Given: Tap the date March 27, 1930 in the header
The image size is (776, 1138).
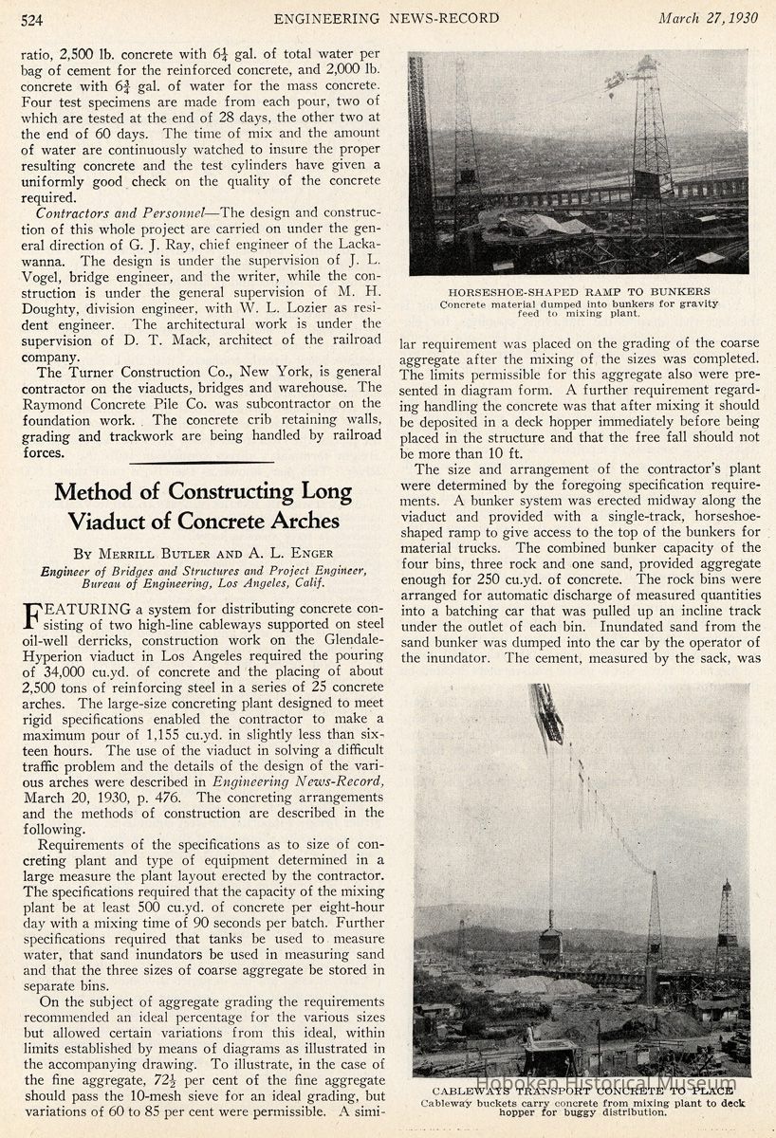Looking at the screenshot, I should [x=708, y=18].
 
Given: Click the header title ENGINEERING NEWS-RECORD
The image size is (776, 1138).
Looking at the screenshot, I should [x=387, y=19].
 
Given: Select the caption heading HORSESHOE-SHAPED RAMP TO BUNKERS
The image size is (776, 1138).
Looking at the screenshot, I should [x=579, y=291].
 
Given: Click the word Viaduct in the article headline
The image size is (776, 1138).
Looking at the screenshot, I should [x=107, y=521].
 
